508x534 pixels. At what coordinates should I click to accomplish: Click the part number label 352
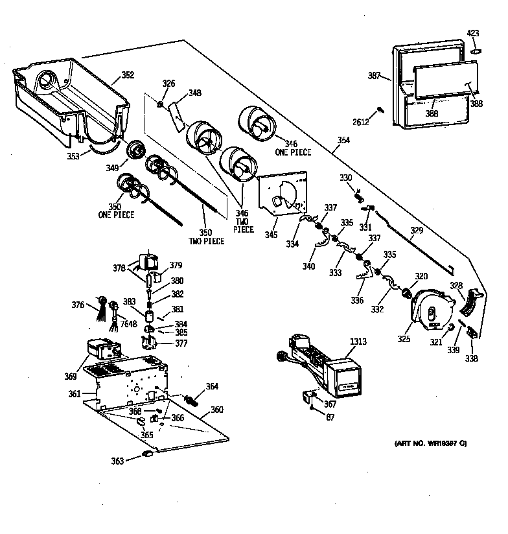tap(128, 75)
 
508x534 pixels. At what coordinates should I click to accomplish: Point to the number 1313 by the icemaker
tap(358, 342)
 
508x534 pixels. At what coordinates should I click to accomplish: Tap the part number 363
tap(117, 461)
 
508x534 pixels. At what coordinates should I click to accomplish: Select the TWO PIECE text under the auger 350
tap(206, 241)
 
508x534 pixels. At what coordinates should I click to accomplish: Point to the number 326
tap(168, 83)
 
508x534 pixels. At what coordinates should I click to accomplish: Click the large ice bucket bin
tap(71, 100)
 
